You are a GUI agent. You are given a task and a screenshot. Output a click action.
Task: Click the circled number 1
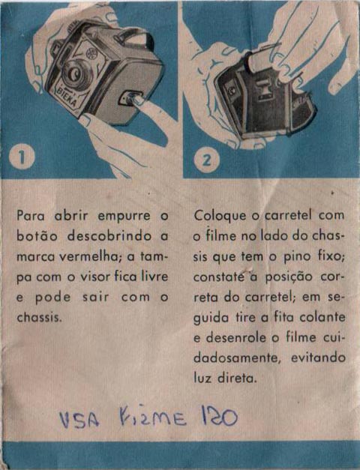click(x=22, y=157)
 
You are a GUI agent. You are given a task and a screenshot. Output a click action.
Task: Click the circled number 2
click(x=207, y=160)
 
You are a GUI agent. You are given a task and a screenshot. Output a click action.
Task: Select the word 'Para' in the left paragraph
click(x=31, y=216)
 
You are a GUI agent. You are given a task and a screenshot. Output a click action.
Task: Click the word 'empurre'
click(x=124, y=217)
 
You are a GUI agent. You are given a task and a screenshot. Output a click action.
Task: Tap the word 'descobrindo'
click(x=109, y=235)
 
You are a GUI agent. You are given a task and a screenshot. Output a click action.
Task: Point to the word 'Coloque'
click(x=220, y=216)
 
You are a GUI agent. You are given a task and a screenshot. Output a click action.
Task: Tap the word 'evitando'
click(x=318, y=358)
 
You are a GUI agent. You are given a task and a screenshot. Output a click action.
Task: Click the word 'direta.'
click(x=237, y=378)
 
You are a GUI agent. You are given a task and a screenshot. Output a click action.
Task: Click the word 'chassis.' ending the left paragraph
click(x=39, y=317)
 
